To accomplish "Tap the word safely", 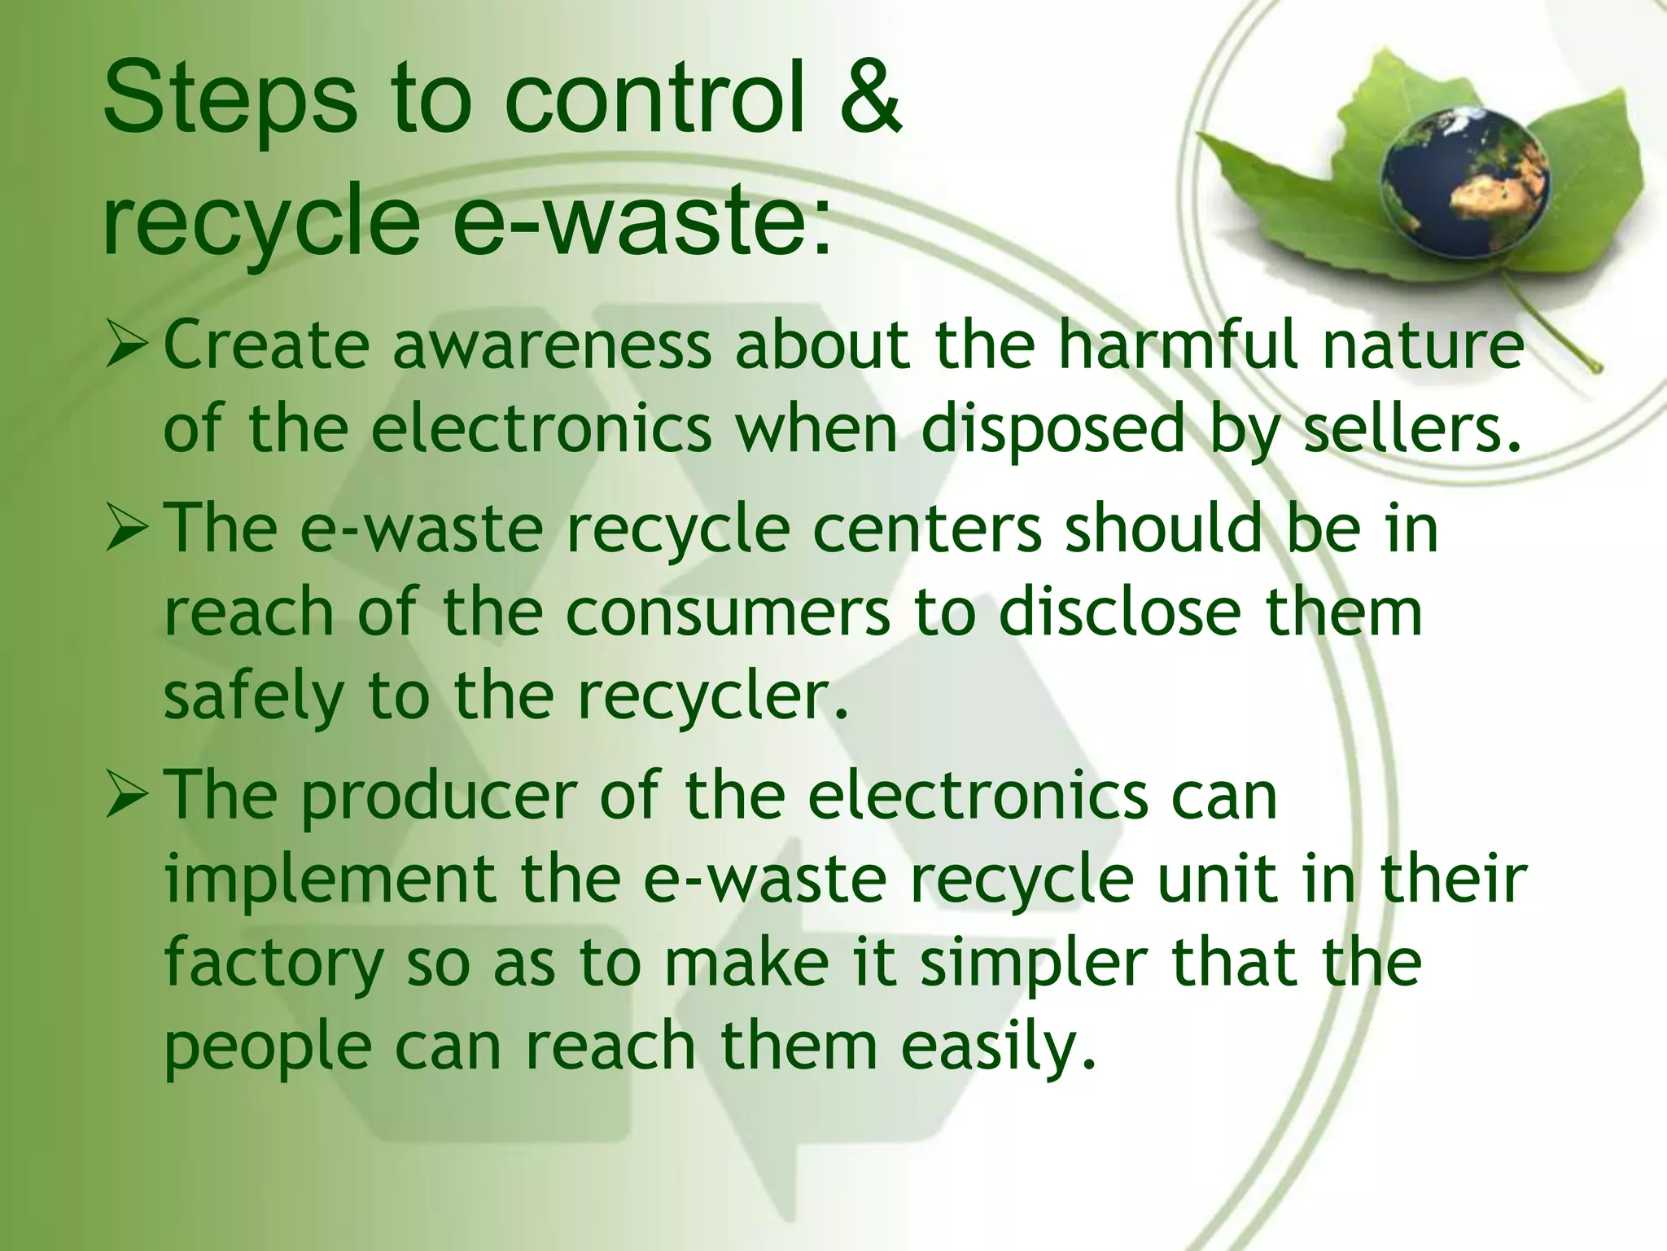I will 253,697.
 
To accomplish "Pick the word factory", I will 273,966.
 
